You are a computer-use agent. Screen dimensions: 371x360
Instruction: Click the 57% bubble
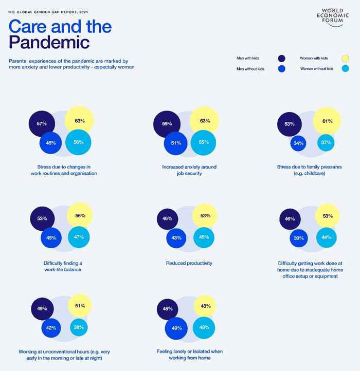point(42,124)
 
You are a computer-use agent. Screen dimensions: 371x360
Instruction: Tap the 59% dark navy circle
point(167,124)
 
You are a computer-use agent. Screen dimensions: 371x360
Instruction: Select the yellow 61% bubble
point(327,121)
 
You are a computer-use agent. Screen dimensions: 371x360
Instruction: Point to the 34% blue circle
point(299,143)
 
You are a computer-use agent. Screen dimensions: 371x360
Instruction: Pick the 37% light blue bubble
point(325,142)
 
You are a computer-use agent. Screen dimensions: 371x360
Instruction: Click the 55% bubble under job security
point(204,142)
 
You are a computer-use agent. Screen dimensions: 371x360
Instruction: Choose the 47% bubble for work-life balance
point(79,237)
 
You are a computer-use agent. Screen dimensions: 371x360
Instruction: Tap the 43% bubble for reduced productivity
point(176,237)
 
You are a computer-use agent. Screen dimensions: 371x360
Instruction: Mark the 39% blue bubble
point(299,237)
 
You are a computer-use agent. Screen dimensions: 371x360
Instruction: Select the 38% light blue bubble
point(79,327)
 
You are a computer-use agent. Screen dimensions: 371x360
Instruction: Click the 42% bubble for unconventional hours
point(51,328)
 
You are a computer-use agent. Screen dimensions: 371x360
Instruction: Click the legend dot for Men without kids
point(282,69)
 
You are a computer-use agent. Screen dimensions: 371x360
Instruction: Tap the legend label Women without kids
point(316,69)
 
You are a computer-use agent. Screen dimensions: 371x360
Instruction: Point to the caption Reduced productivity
point(189,263)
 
